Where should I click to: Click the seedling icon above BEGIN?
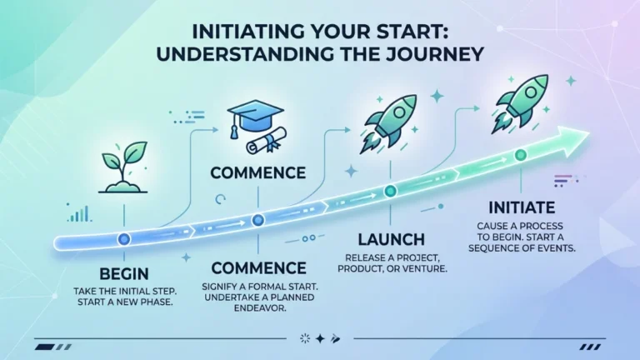tap(123, 167)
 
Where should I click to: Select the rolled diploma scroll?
tap(266, 140)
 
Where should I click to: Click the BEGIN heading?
tap(124, 274)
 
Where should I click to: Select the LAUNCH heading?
tap(392, 240)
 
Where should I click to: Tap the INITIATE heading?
tap(522, 207)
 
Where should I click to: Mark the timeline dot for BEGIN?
tap(123, 239)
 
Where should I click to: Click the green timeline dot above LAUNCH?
tap(391, 191)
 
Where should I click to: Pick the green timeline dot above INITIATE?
tap(521, 155)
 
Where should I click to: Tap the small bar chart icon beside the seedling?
tap(80, 213)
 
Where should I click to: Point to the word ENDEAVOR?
tap(260, 308)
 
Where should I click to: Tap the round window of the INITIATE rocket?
tap(531, 92)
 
